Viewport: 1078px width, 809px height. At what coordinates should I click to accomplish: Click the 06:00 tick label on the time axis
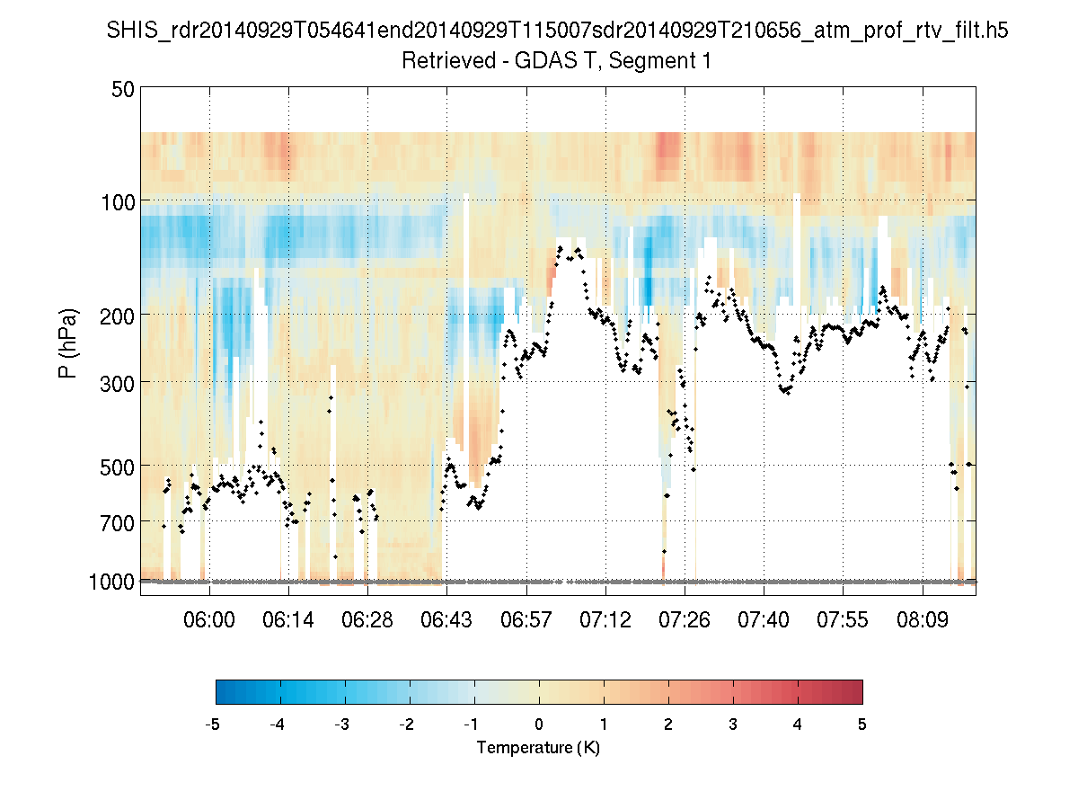point(209,621)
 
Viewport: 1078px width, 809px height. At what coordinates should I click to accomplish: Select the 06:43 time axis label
point(446,621)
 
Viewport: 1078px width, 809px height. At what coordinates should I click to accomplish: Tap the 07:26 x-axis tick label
point(685,621)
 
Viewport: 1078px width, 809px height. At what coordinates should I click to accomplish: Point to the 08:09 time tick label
point(923,621)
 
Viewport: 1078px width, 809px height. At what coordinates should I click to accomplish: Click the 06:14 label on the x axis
point(288,621)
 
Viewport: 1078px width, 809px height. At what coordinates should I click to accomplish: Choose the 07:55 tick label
point(844,621)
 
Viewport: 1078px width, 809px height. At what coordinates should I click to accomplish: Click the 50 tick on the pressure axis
point(123,89)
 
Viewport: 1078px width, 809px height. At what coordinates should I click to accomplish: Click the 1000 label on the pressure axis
point(111,582)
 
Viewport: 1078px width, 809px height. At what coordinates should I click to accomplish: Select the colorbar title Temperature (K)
point(538,748)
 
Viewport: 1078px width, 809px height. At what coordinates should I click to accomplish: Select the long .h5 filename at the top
point(557,31)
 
